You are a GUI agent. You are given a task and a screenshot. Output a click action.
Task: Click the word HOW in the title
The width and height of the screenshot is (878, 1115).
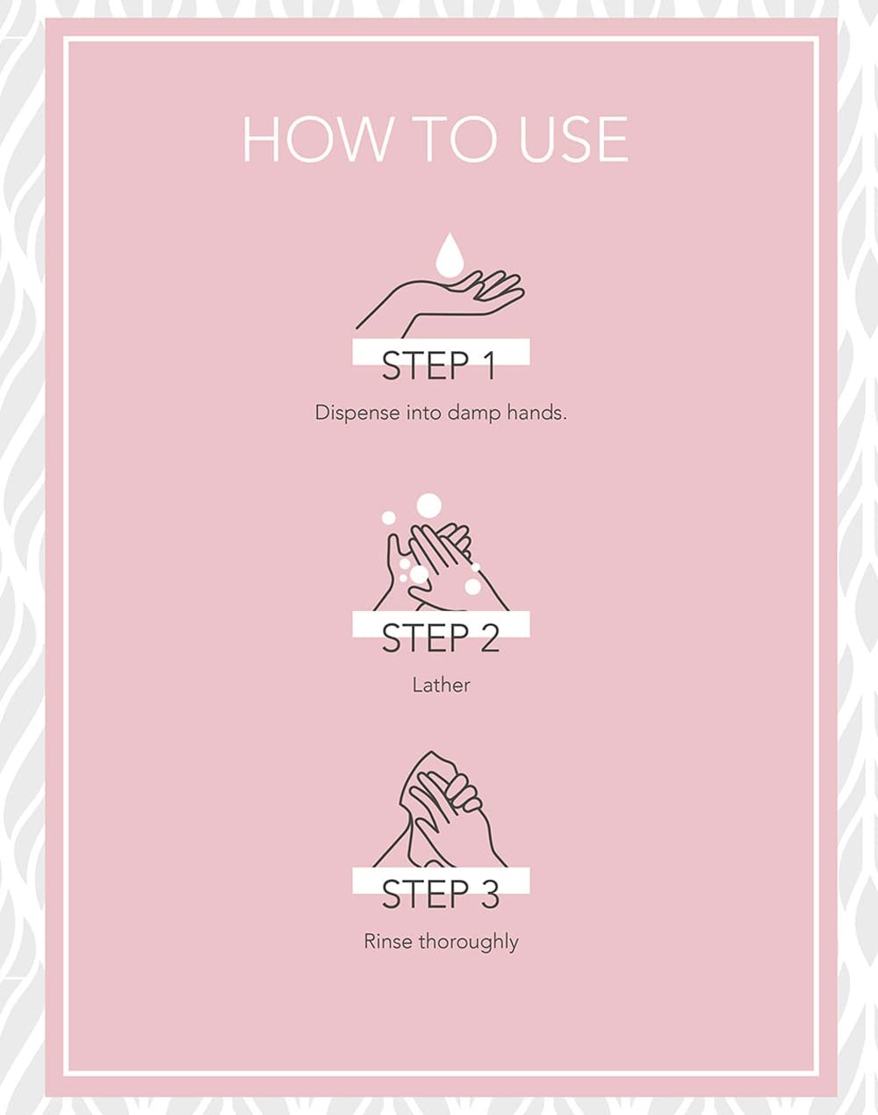(317, 140)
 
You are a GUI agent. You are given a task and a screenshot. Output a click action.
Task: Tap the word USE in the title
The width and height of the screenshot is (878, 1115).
(573, 140)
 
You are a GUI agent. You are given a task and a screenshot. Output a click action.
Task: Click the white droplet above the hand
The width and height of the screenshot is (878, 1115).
(449, 255)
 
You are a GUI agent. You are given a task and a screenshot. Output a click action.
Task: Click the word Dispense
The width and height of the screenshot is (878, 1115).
(357, 414)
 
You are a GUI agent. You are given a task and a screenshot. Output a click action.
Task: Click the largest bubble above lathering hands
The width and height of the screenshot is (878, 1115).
(429, 504)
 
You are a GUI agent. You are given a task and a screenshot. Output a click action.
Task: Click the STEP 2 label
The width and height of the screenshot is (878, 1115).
(441, 638)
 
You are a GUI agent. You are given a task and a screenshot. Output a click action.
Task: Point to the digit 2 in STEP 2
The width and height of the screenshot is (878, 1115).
(489, 638)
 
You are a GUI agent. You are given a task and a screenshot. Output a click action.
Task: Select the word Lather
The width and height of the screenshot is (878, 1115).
(441, 685)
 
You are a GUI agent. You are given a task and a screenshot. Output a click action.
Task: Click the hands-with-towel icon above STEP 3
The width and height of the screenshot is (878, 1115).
(440, 809)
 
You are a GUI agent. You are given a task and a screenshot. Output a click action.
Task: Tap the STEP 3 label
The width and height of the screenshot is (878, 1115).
(441, 895)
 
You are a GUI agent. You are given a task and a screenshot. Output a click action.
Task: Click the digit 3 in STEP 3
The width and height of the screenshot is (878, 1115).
(489, 895)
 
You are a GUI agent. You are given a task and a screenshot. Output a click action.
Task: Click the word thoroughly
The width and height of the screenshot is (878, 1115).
(469, 942)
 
